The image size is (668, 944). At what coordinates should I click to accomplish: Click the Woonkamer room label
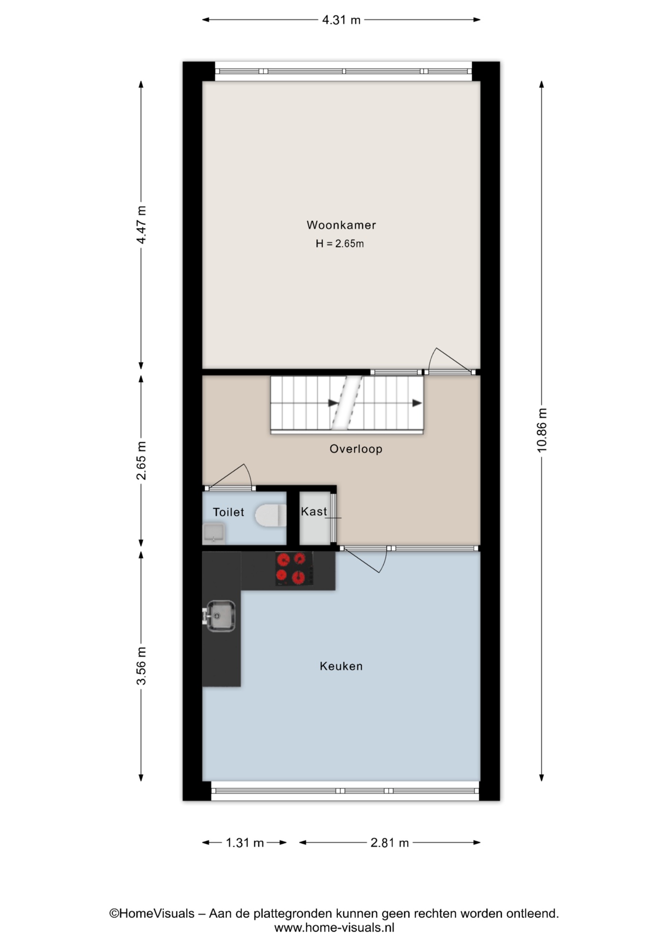pyautogui.click(x=341, y=225)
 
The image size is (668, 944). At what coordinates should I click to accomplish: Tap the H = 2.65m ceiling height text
pyautogui.click(x=340, y=243)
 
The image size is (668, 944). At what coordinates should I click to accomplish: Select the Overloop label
pyautogui.click(x=356, y=449)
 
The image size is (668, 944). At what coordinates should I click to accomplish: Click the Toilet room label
pyautogui.click(x=228, y=512)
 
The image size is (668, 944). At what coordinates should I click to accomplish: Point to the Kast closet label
pyautogui.click(x=314, y=511)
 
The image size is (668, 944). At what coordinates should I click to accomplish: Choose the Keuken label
pyautogui.click(x=341, y=666)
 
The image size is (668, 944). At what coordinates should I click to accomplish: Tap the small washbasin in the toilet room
pyautogui.click(x=214, y=533)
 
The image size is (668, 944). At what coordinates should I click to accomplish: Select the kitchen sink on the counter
pyautogui.click(x=219, y=616)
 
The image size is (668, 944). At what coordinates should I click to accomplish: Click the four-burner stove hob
pyautogui.click(x=294, y=568)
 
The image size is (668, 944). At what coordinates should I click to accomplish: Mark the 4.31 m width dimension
pyautogui.click(x=341, y=20)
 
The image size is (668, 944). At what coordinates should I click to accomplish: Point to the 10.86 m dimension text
pyautogui.click(x=542, y=430)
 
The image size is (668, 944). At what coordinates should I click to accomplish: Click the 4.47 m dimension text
pyautogui.click(x=141, y=225)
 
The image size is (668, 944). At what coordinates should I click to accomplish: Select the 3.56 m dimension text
pyautogui.click(x=141, y=666)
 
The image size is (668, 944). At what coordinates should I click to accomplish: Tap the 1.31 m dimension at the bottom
pyautogui.click(x=245, y=843)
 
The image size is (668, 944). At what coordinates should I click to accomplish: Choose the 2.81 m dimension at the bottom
pyautogui.click(x=390, y=843)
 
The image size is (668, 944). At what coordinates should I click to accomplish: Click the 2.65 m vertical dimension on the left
pyautogui.click(x=141, y=461)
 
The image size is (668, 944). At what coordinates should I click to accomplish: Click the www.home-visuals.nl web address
pyautogui.click(x=334, y=928)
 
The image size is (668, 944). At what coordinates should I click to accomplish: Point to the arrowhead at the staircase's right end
pyautogui.click(x=417, y=403)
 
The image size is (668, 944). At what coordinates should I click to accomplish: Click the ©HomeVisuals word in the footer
pyautogui.click(x=152, y=914)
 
